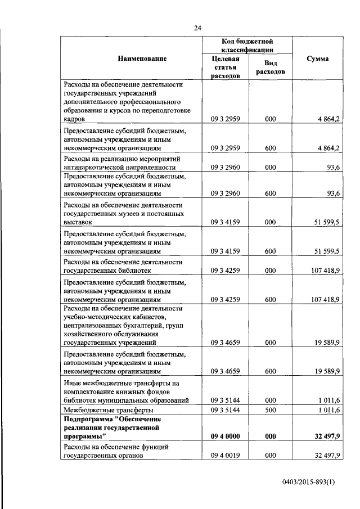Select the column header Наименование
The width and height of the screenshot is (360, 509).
coord(142,58)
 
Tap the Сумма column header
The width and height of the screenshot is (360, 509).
coord(318,58)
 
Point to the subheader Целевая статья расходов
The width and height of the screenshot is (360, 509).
coord(226,67)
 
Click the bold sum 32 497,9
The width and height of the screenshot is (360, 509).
coord(325,436)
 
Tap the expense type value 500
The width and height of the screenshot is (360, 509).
coord(270,410)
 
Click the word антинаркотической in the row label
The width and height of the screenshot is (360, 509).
coord(97,167)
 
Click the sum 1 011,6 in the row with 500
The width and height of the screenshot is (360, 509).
coord(328,410)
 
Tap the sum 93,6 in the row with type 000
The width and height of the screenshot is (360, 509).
coord(332,167)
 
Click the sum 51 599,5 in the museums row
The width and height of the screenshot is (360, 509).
coord(325,222)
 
